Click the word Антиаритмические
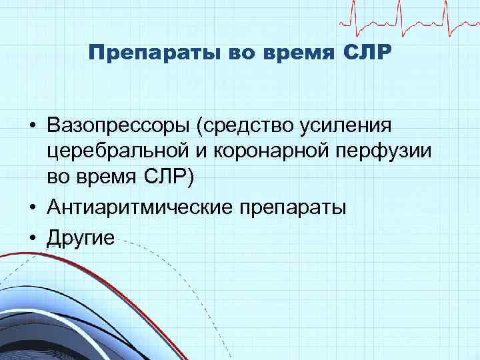(138, 208)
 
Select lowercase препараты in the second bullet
(291, 208)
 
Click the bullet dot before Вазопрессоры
(31, 126)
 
